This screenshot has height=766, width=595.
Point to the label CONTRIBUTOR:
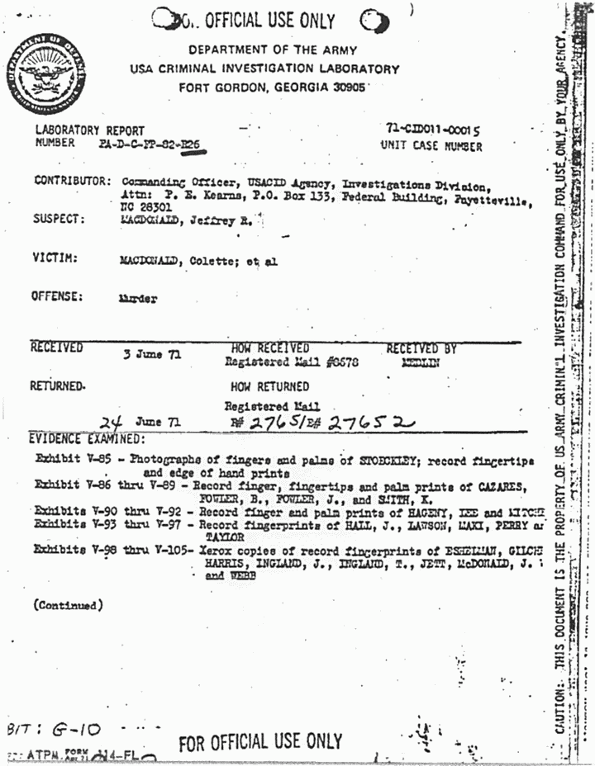coord(72,181)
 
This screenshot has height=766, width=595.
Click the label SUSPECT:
coord(59,220)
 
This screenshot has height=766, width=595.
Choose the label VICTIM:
coord(55,258)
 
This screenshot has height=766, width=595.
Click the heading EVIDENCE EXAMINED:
coord(86,439)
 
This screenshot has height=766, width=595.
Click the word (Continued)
coord(69,605)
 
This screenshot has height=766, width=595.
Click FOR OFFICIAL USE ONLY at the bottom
coord(259,741)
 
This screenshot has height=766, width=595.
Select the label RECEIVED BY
coord(421,349)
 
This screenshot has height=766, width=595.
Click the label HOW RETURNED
coord(269,386)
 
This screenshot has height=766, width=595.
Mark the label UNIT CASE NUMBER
coord(431,146)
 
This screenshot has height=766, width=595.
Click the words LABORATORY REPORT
coord(89,130)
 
